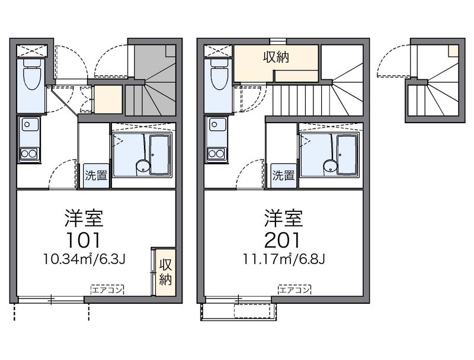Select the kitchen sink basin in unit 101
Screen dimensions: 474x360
coord(29,126)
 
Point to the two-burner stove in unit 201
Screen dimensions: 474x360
coord(217,154)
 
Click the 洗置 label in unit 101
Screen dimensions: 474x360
coord(96,175)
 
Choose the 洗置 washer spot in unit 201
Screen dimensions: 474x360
coord(284,175)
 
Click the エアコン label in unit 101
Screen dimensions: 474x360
coord(107,290)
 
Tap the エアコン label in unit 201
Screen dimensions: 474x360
coord(294,290)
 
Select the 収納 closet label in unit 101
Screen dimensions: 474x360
coord(166,272)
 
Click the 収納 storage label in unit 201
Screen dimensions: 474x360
coord(276,57)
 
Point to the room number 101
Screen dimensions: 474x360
coord(84,240)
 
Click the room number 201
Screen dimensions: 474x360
coord(283,240)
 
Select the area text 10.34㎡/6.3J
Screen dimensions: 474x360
coord(84,259)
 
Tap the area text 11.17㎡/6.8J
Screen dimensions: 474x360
coord(284,259)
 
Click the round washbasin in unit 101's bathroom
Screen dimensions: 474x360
coord(143,166)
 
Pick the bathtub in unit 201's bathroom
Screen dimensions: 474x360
coord(348,155)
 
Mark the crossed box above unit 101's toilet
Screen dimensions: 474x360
coord(32,50)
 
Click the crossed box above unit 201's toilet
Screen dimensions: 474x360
coord(218,50)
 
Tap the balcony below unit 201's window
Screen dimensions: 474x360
coord(238,311)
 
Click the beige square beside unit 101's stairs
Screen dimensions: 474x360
coord(108,99)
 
